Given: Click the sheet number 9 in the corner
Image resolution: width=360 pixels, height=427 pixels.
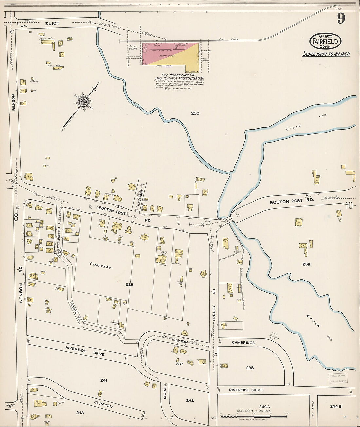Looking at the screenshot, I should point(341,18).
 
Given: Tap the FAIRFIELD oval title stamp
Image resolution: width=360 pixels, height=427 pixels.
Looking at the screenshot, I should point(325,42).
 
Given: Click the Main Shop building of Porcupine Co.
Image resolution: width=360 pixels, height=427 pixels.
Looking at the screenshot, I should point(168,55).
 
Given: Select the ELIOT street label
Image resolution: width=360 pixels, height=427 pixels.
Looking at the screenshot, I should point(52,23).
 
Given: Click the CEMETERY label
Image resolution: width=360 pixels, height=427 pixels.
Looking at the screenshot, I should point(100,266).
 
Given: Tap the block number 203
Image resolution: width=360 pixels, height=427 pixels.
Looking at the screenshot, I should point(195,113).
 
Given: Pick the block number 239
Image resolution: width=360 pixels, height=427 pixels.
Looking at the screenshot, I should point(306,264).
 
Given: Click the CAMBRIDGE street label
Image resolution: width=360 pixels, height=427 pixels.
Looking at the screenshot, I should point(243,343).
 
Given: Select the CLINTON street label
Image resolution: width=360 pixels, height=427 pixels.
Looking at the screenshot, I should point(103,404).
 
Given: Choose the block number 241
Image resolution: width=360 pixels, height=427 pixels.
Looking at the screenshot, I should point(104,380).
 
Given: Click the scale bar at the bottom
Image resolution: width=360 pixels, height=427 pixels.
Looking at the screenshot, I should point(253,416).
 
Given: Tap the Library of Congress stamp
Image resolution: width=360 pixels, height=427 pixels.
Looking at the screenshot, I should point(338,378).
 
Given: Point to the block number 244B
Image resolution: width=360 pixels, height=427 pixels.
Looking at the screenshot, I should point(335,406).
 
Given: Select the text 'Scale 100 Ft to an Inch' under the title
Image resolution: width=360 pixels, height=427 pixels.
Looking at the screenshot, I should point(326,54).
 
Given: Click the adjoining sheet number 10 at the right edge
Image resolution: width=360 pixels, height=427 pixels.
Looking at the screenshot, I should point(349,205).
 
